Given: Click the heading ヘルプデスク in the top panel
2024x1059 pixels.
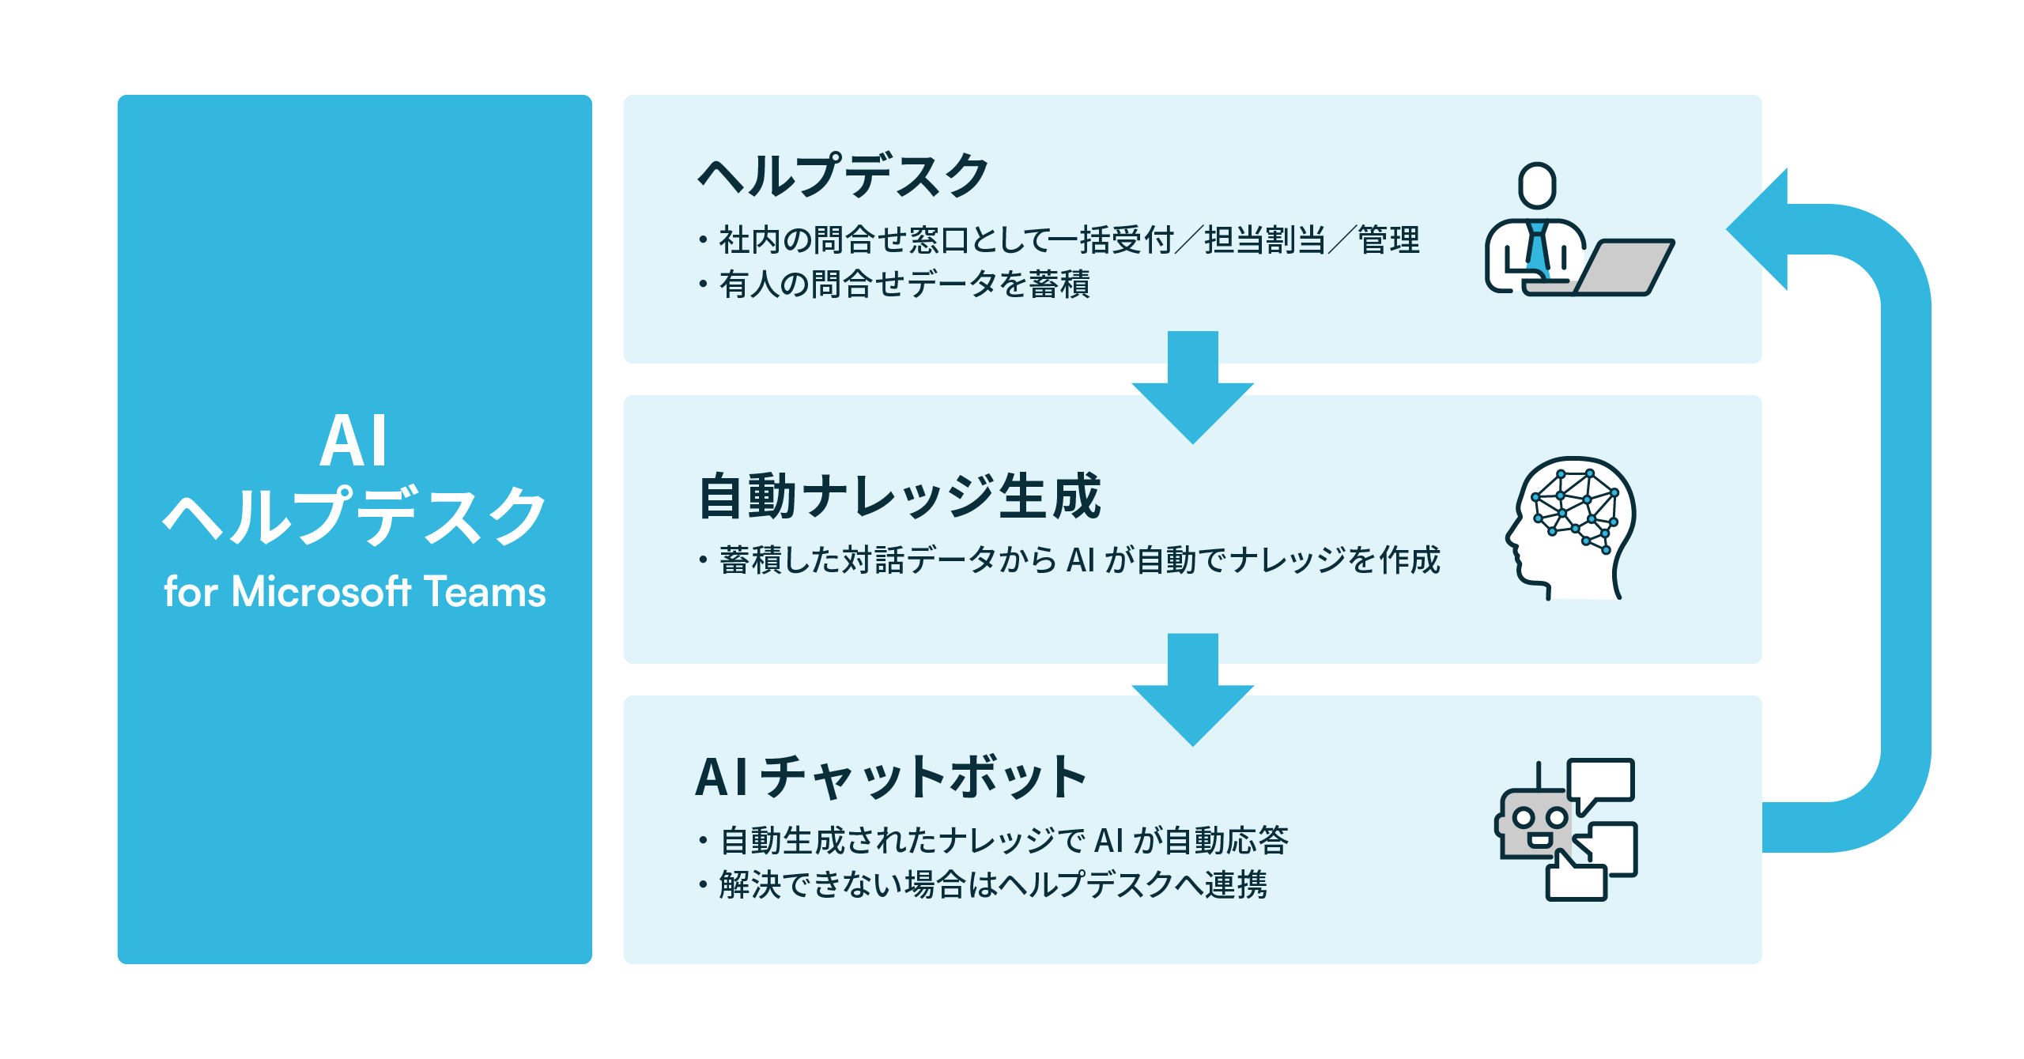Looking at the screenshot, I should tap(843, 175).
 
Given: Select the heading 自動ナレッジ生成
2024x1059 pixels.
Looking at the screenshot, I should tap(899, 496).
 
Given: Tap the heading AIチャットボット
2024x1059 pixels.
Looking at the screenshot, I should tap(890, 777).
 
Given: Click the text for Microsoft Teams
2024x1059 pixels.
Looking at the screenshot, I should tap(354, 591).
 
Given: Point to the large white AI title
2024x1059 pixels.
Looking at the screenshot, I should tap(354, 440).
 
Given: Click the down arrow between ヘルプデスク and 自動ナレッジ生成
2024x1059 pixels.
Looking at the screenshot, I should tap(1192, 387).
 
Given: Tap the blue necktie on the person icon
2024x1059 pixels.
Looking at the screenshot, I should tap(1538, 248).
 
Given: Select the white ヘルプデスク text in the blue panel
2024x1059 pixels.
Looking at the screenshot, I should tap(354, 516).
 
